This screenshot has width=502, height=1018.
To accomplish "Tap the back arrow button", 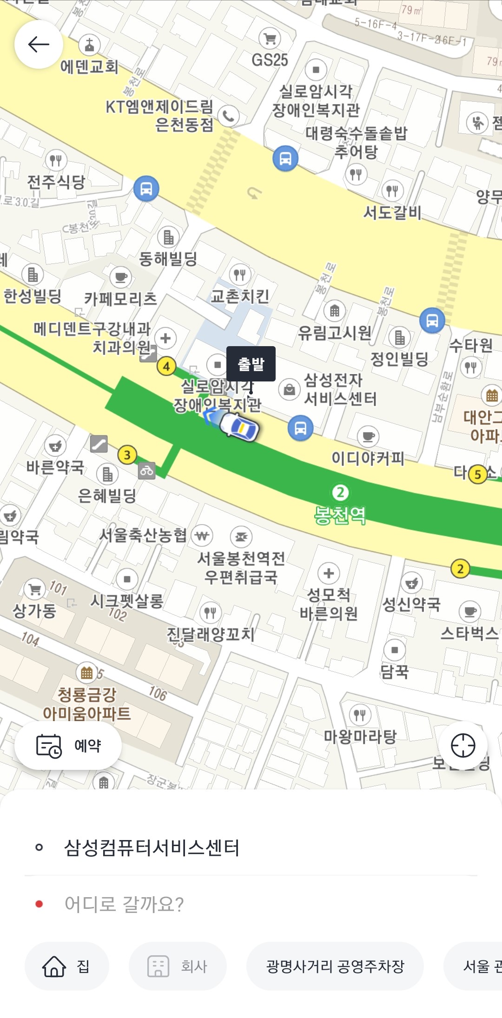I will tap(39, 45).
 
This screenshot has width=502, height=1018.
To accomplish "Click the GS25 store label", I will tap(270, 60).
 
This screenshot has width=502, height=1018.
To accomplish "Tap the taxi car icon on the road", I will tap(239, 426).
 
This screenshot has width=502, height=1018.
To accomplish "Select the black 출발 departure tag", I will tap(251, 364).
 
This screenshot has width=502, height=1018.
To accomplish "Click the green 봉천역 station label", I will tap(340, 515).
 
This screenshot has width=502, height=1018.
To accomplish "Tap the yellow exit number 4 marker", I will tap(166, 366).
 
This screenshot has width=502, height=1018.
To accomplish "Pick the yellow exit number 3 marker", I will tap(127, 455).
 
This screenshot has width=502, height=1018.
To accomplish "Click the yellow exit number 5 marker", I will tap(477, 474).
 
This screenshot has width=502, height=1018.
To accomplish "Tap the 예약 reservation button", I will tap(68, 746).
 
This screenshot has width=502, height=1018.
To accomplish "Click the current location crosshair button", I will tap(463, 746).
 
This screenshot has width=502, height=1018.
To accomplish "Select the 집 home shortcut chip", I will tap(67, 966).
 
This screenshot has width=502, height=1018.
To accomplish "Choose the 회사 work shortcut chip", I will tap(178, 966).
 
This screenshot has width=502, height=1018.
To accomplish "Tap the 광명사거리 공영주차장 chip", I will tap(335, 966).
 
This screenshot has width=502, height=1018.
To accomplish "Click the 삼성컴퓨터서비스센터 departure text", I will tap(152, 847).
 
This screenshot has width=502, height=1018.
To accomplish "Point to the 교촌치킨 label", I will tap(240, 296).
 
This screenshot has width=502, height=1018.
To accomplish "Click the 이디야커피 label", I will tap(368, 458).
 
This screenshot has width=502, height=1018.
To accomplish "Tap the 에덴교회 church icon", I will tap(89, 46).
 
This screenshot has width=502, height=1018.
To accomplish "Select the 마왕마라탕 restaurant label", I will tap(360, 736).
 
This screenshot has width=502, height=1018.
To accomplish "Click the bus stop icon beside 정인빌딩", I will tap(432, 320).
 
